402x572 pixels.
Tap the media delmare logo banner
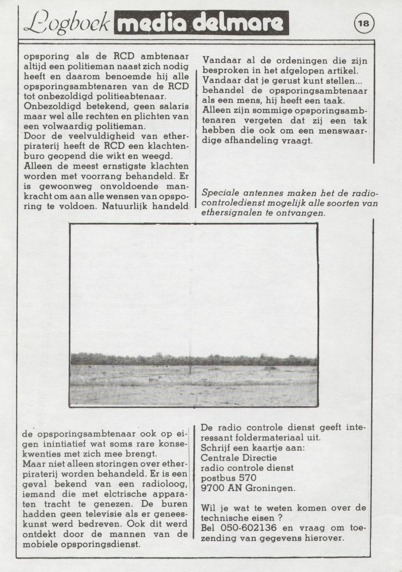coord(201,23)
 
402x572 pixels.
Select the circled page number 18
coord(364,24)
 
